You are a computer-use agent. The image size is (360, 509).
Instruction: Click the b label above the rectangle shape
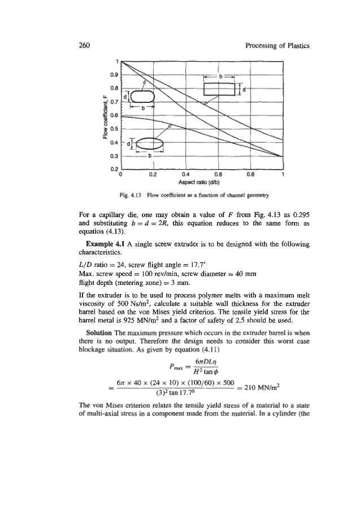pos(221,75)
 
